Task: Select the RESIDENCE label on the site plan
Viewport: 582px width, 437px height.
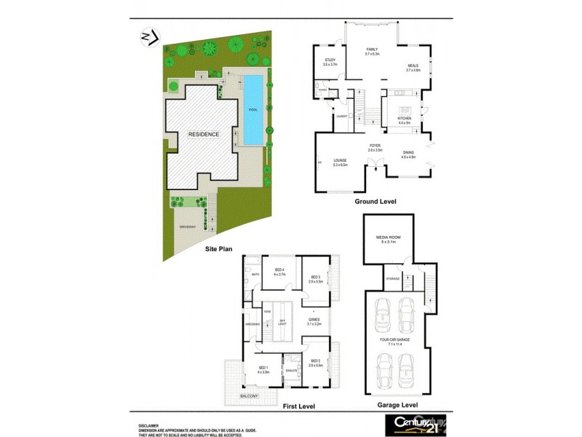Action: pyautogui.click(x=204, y=135)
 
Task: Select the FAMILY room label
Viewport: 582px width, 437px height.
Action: pyautogui.click(x=372, y=49)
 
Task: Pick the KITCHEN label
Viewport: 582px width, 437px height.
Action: pyautogui.click(x=404, y=118)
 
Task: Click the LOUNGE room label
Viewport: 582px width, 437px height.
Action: pyautogui.click(x=340, y=160)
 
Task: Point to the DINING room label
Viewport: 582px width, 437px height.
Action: pyautogui.click(x=408, y=152)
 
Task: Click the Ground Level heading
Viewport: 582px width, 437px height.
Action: pyautogui.click(x=375, y=200)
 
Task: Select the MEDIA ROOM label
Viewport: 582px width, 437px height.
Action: pyautogui.click(x=386, y=237)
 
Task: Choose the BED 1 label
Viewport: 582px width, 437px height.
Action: pyautogui.click(x=263, y=368)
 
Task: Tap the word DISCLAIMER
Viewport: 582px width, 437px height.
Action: pyautogui.click(x=150, y=425)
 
